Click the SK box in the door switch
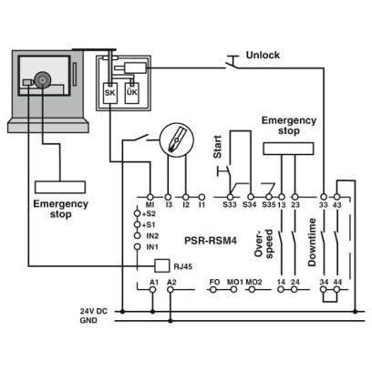click(x=110, y=93)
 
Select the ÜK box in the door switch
click(x=132, y=93)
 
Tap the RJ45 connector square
click(x=162, y=266)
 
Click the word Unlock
click(x=263, y=55)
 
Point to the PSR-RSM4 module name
click(x=211, y=241)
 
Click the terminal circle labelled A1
click(x=153, y=290)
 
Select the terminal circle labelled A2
click(x=170, y=290)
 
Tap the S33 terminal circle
click(x=230, y=197)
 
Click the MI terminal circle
click(x=150, y=197)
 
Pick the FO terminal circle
click(x=213, y=290)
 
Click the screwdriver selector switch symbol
click(x=177, y=140)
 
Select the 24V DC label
click(x=94, y=311)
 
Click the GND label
click(x=88, y=320)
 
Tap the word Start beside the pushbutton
click(x=218, y=147)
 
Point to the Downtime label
click(x=312, y=243)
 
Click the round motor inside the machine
click(x=42, y=80)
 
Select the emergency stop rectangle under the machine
click(x=60, y=187)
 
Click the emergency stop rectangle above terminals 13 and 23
click(x=288, y=149)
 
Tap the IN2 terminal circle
click(x=138, y=235)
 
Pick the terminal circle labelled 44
click(x=336, y=290)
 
